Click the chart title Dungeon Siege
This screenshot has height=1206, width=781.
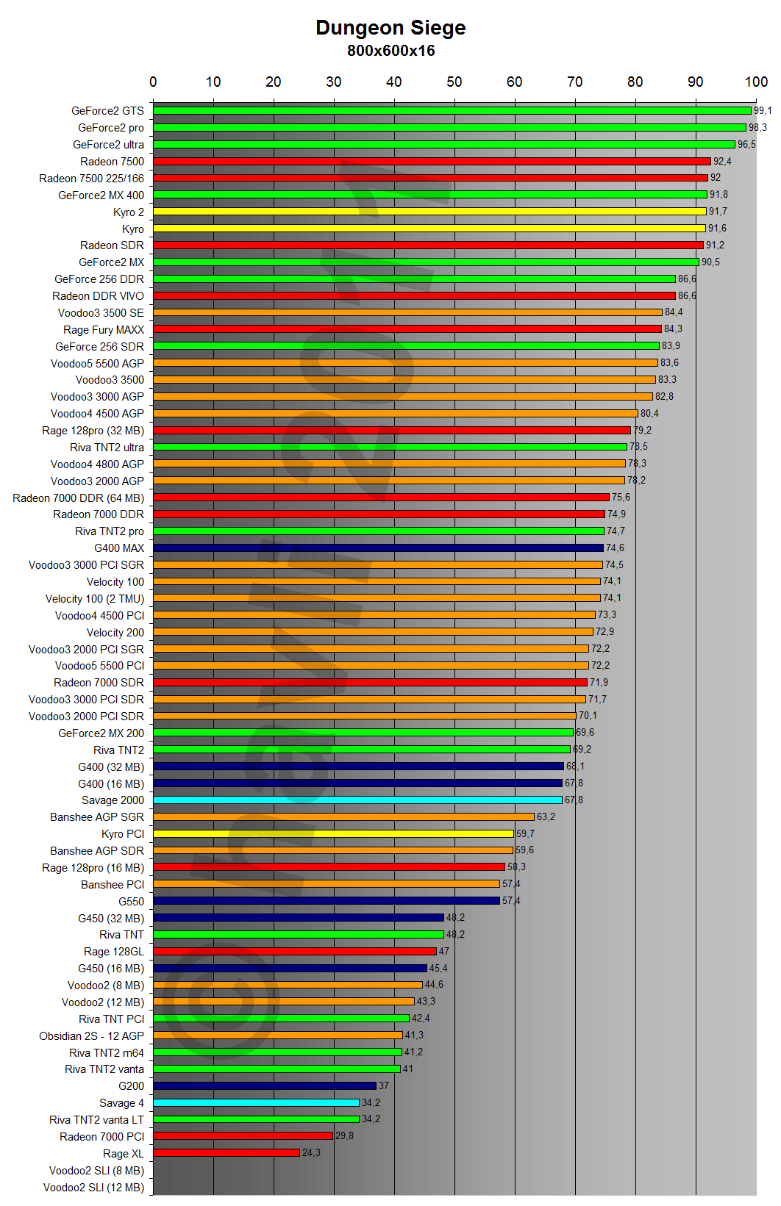[390, 28]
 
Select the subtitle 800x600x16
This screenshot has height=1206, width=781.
[390, 51]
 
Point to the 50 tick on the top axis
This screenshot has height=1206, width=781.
[454, 82]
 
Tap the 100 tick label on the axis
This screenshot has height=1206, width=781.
[756, 82]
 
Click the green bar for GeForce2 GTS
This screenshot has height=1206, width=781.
[452, 111]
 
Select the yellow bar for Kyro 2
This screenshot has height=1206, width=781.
[429, 212]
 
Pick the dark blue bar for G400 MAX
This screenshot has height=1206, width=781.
[378, 548]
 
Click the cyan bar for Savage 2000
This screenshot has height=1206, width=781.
[357, 800]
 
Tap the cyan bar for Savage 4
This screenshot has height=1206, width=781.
[256, 1103]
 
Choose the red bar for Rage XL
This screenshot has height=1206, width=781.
[227, 1153]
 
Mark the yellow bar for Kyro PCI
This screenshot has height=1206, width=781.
[333, 834]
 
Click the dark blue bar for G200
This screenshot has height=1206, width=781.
[265, 1086]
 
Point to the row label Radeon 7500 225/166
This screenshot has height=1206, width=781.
[92, 179]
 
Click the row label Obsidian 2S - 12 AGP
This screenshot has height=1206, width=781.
[92, 1036]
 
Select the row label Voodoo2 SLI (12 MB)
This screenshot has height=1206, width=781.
[93, 1188]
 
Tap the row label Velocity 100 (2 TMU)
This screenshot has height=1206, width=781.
[95, 599]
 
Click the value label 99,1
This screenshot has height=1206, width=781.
[763, 111]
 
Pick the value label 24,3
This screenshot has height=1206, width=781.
[311, 1153]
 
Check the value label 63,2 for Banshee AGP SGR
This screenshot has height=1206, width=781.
[546, 817]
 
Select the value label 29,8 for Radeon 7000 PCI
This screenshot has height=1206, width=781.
[344, 1136]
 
